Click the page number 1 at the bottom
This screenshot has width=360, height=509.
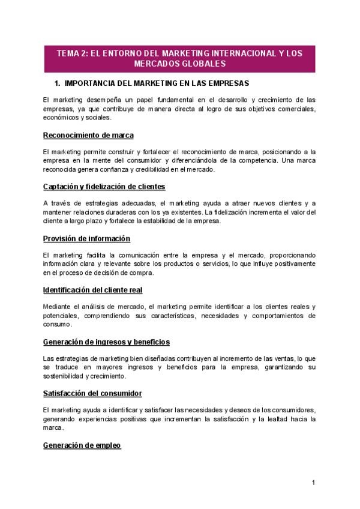(313, 483)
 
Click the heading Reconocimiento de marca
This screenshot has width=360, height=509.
(88, 135)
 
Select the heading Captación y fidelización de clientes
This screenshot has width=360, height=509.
(104, 187)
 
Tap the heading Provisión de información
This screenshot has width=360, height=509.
(86, 238)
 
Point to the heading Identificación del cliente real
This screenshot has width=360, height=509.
(92, 290)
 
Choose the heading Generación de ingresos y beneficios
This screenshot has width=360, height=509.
(106, 342)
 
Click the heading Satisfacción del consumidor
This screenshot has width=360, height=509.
(92, 393)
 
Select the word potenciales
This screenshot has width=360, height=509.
(61, 316)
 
